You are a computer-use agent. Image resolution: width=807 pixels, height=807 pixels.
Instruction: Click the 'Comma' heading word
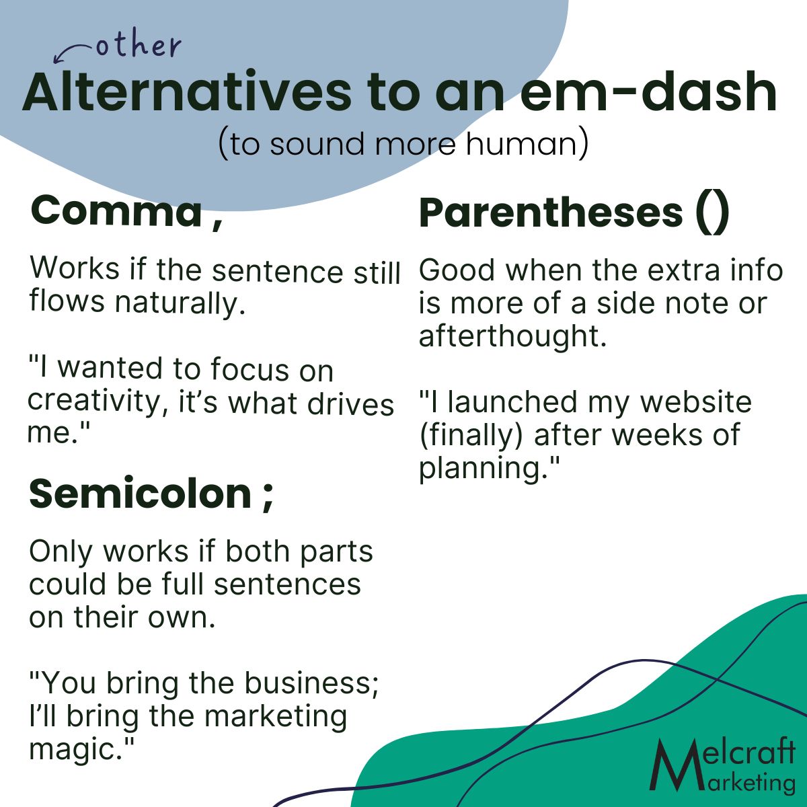click(x=116, y=210)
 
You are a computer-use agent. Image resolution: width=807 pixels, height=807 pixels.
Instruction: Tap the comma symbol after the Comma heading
click(x=217, y=223)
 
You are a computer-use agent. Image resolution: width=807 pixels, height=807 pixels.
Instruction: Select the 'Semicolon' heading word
click(x=141, y=494)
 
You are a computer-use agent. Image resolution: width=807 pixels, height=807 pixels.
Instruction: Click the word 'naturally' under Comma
click(x=180, y=303)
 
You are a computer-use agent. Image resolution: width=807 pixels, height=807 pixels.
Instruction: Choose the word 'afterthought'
click(x=512, y=336)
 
